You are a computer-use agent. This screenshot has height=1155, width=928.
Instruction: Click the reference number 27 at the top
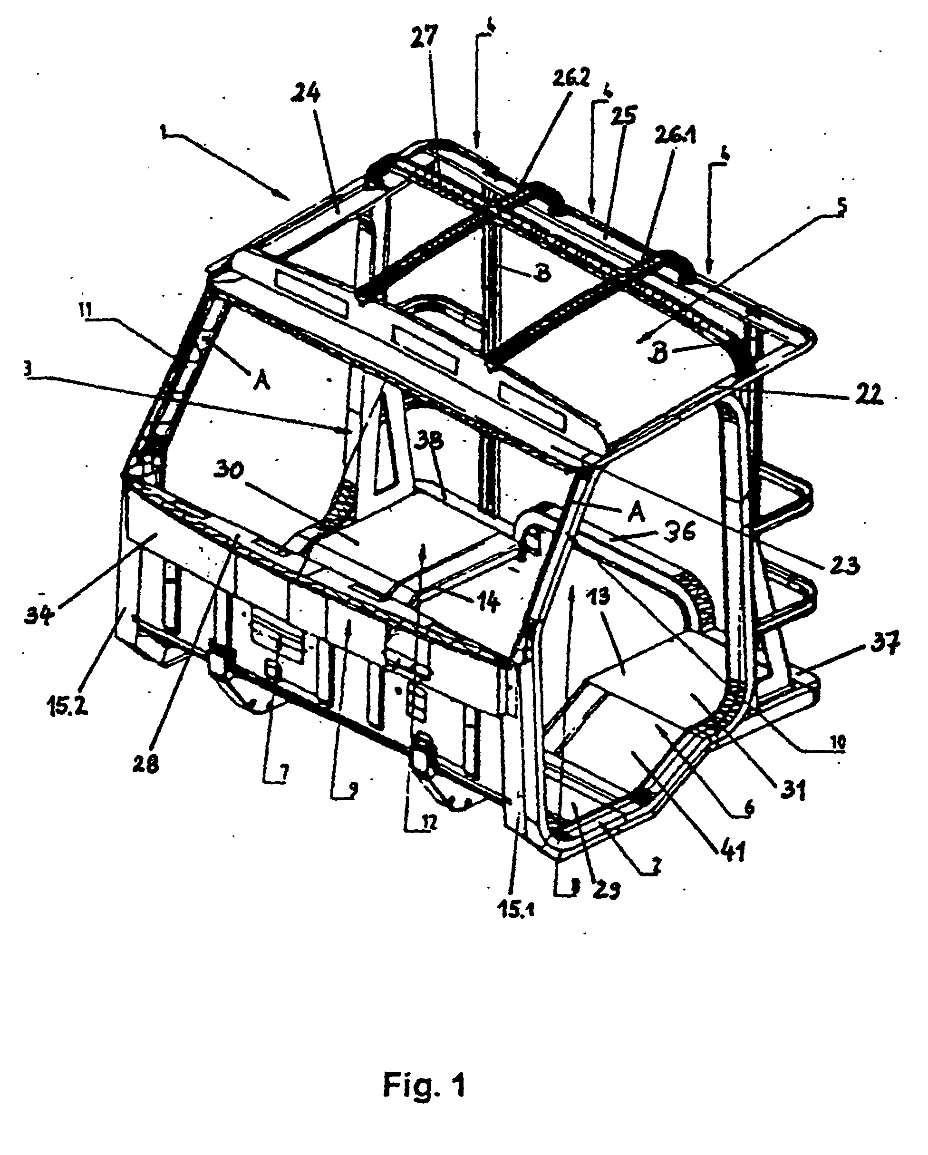425,38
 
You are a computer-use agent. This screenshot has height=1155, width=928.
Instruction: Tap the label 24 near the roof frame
306,94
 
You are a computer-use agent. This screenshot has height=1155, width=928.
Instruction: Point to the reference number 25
622,115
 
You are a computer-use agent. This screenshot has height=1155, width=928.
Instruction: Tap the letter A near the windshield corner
261,381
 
